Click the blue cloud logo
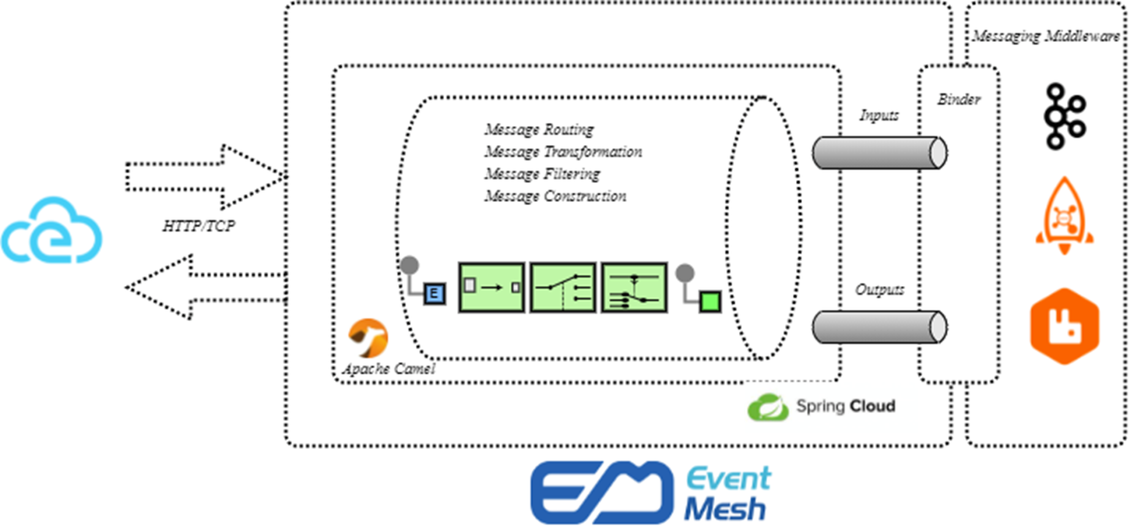click(x=52, y=232)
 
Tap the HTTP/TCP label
click(x=198, y=226)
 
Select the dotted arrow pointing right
click(x=204, y=177)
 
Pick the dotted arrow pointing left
click(x=204, y=287)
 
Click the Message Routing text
click(x=539, y=129)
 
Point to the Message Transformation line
click(x=563, y=152)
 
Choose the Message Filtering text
click(x=542, y=174)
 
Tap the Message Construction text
click(x=555, y=196)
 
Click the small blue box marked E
click(x=435, y=293)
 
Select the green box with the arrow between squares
click(x=491, y=287)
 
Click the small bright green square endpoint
click(x=710, y=301)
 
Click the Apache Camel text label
click(x=389, y=369)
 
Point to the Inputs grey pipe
click(x=879, y=153)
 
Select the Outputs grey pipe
click(x=879, y=327)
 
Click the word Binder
click(x=959, y=99)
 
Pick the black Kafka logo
click(x=1064, y=116)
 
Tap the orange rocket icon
click(x=1064, y=216)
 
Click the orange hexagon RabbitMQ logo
click(x=1064, y=326)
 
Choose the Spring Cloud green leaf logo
click(x=768, y=407)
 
